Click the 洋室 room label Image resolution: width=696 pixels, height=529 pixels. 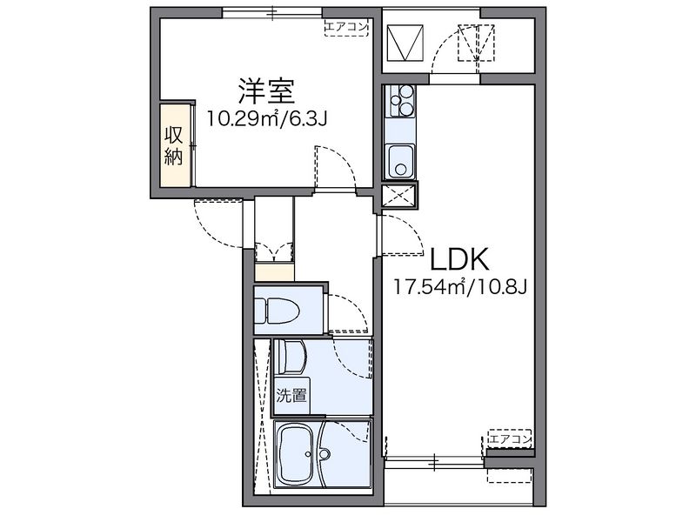click(x=266, y=91)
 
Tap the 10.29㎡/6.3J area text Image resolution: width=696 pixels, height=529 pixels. click(x=267, y=118)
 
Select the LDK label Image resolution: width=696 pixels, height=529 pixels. click(x=460, y=258)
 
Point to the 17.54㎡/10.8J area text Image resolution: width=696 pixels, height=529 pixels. click(x=461, y=287)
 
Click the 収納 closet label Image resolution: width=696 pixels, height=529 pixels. click(x=173, y=145)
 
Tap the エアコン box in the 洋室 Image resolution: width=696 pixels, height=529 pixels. click(x=346, y=27)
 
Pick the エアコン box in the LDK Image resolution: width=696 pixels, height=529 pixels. click(x=510, y=439)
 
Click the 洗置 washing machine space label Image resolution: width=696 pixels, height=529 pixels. click(x=291, y=395)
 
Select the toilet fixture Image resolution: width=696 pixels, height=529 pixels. click(x=277, y=311)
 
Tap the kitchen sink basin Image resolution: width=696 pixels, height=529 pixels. click(x=400, y=160)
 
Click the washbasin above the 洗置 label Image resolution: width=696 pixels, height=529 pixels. click(x=291, y=357)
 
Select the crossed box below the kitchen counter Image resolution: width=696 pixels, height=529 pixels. click(x=399, y=196)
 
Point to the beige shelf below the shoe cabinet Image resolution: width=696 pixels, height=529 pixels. click(x=274, y=272)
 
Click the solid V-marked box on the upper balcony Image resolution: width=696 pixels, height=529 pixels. click(x=405, y=43)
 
